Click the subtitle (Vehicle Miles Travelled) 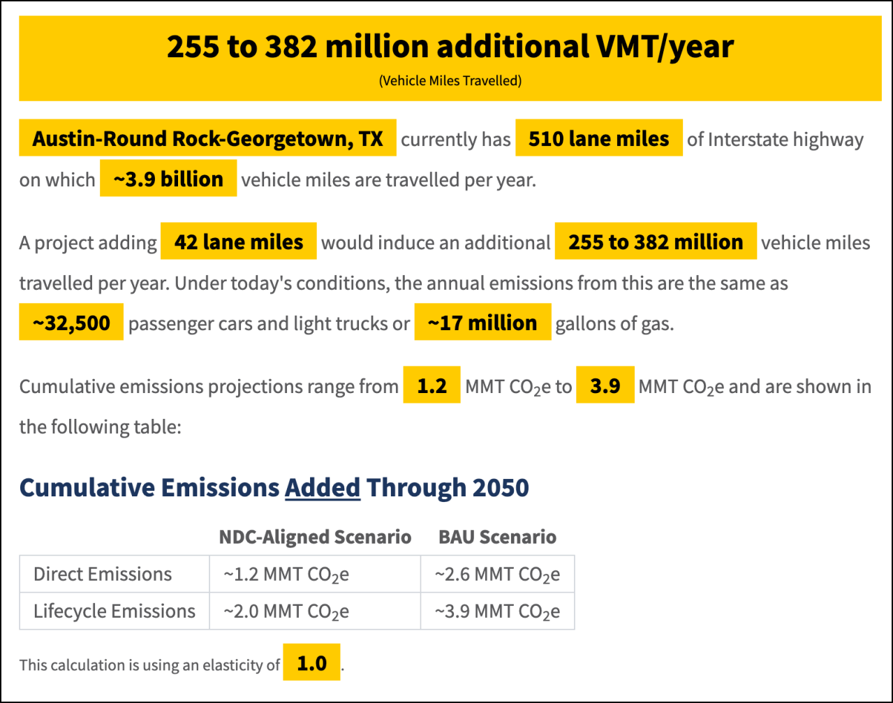point(450,81)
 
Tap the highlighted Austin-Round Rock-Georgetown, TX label point(207,138)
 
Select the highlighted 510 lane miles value point(598,138)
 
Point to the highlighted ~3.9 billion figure point(168,179)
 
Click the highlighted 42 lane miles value point(238,242)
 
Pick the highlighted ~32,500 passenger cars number point(71,323)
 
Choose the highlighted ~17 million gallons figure point(482,323)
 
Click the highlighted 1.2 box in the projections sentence point(431,385)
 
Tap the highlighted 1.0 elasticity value point(311,663)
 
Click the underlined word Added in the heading point(323,487)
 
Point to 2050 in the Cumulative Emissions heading point(501,487)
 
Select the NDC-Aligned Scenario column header point(315,536)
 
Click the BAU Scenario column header point(497,536)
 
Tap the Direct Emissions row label point(103,574)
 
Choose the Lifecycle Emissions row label point(115,611)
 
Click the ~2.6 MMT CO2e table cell point(497,575)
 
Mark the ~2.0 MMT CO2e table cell point(286,612)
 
